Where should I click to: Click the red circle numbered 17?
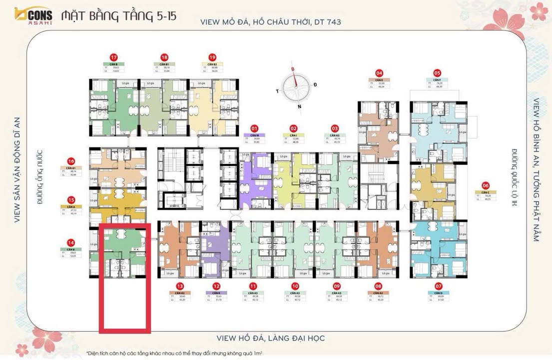pyautogui.click(x=114, y=56)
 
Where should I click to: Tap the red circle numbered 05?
pyautogui.click(x=437, y=72)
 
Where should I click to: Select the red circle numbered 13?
pyautogui.click(x=180, y=286)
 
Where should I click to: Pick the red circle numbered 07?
pyautogui.click(x=439, y=286)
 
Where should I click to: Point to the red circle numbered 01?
pyautogui.click(x=254, y=128)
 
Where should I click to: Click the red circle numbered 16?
pyautogui.click(x=71, y=161)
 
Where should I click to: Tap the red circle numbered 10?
pyautogui.click(x=295, y=286)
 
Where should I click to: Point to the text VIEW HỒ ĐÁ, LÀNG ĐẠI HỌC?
pyautogui.click(x=270, y=338)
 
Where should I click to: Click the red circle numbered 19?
pyautogui.click(x=212, y=56)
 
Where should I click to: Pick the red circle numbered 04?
pyautogui.click(x=379, y=72)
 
